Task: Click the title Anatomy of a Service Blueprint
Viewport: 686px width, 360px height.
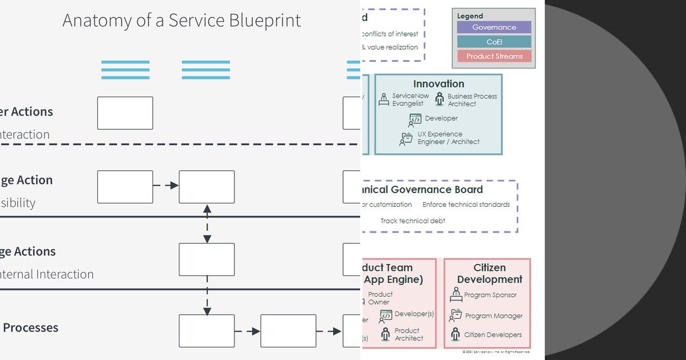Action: pyautogui.click(x=181, y=21)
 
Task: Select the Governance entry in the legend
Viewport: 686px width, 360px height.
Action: pyautogui.click(x=494, y=27)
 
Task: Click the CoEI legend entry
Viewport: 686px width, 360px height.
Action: pyautogui.click(x=494, y=42)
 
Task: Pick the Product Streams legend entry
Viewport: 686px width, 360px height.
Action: pyautogui.click(x=494, y=56)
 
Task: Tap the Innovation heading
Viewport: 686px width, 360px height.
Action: pyautogui.click(x=438, y=84)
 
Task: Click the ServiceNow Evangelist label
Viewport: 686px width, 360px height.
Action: pyautogui.click(x=408, y=100)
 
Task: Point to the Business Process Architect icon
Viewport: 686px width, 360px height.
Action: pyautogui.click(x=439, y=99)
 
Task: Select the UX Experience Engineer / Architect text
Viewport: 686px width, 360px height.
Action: pyautogui.click(x=448, y=138)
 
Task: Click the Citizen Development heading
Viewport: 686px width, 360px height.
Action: pyautogui.click(x=489, y=273)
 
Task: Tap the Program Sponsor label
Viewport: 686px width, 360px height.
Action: pyautogui.click(x=490, y=295)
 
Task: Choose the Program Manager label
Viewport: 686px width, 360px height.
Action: pyautogui.click(x=493, y=315)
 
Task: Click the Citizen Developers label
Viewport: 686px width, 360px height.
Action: pyautogui.click(x=492, y=335)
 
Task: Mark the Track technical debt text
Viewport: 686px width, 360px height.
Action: pyautogui.click(x=413, y=221)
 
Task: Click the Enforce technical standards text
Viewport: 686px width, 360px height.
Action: pyautogui.click(x=466, y=205)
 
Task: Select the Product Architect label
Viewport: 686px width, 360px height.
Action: pyautogui.click(x=409, y=334)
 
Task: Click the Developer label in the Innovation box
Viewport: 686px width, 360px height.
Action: pyautogui.click(x=441, y=118)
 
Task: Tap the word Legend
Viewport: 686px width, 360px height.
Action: pyautogui.click(x=470, y=16)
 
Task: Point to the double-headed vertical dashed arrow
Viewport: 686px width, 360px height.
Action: pyautogui.click(x=207, y=223)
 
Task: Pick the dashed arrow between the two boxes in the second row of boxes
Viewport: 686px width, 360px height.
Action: pyautogui.click(x=166, y=186)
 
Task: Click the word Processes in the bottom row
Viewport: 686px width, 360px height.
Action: pyautogui.click(x=31, y=328)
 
